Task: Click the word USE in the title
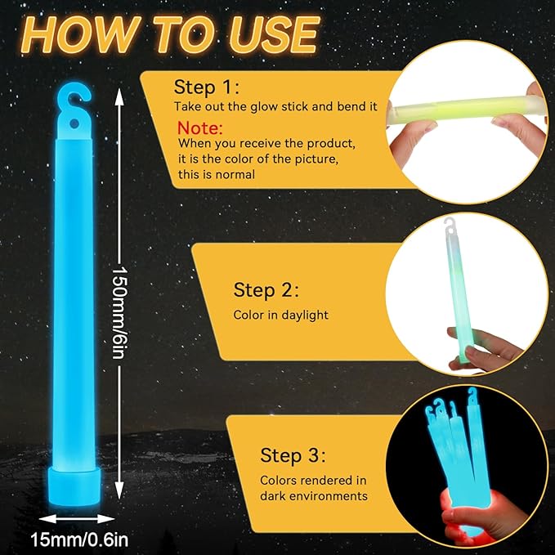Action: (x=272, y=35)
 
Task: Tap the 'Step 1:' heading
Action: (x=206, y=87)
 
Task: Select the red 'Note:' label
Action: (x=200, y=128)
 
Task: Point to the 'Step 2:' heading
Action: (x=266, y=290)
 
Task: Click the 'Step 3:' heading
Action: (x=293, y=455)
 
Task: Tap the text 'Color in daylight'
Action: (x=280, y=315)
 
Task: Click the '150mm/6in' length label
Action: (x=119, y=312)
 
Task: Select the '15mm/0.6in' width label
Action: (x=79, y=540)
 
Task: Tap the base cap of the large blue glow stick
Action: (x=74, y=486)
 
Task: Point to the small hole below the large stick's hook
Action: (x=74, y=124)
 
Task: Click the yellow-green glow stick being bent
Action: (x=468, y=108)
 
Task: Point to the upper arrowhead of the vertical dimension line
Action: (x=119, y=96)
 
